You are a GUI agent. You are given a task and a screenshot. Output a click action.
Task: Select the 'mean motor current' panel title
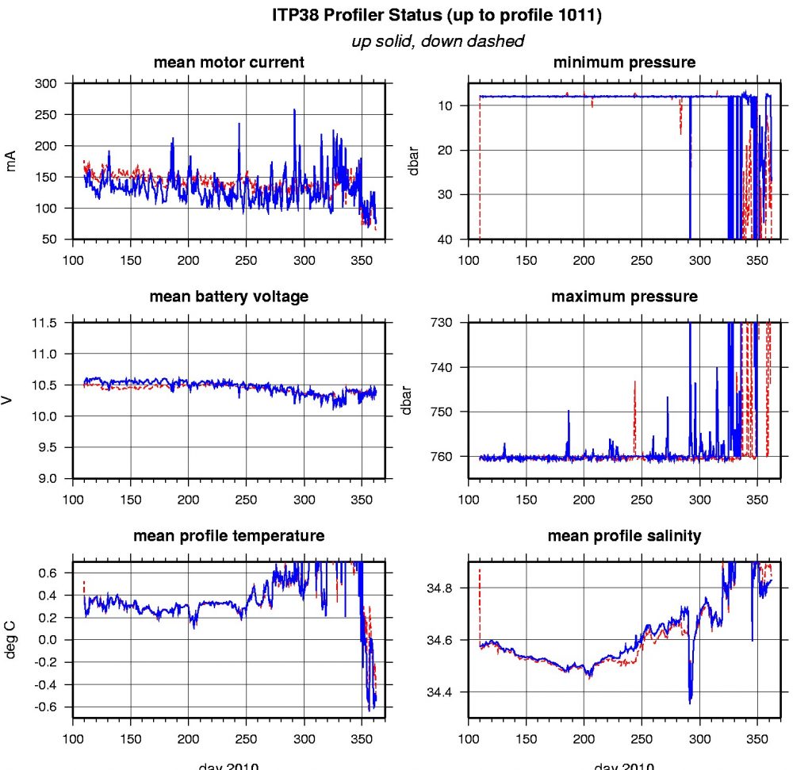tap(228, 63)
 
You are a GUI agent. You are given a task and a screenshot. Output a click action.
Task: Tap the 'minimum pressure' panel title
tap(624, 63)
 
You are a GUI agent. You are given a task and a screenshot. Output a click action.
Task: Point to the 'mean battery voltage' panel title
tap(228, 297)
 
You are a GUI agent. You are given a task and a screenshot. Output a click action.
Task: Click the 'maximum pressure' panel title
tap(624, 297)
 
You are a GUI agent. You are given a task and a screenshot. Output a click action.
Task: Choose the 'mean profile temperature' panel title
tap(228, 536)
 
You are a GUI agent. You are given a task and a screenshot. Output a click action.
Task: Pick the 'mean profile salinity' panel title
tap(624, 536)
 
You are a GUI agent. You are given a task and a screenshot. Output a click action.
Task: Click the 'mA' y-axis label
tap(12, 162)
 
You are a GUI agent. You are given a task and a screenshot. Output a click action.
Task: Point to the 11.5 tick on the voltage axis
tap(48, 324)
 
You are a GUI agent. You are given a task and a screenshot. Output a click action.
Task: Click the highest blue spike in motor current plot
tap(294, 111)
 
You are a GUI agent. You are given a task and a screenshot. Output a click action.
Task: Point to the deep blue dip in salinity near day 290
tap(690, 698)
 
